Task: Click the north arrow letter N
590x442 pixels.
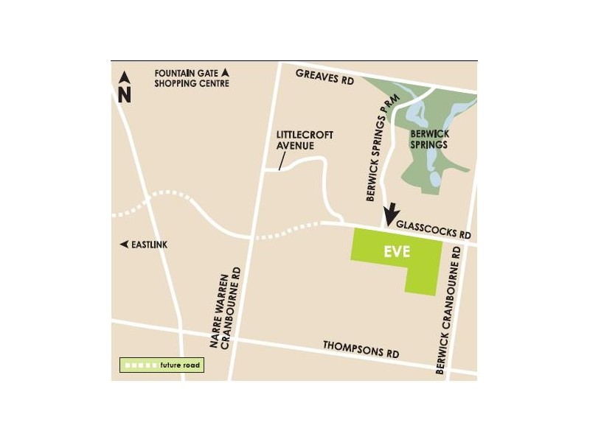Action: click(x=125, y=94)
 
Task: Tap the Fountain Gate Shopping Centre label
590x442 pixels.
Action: click(x=191, y=78)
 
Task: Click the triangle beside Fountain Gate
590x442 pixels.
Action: click(x=226, y=72)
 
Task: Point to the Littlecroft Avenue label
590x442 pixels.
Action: click(x=304, y=140)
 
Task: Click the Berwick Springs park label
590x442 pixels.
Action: click(x=429, y=139)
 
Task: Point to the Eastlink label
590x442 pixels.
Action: click(x=150, y=244)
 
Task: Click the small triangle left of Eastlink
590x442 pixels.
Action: click(x=124, y=244)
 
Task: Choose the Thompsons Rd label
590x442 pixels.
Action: click(x=361, y=350)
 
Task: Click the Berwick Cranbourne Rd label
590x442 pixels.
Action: click(x=451, y=309)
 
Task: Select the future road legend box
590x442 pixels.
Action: click(x=161, y=365)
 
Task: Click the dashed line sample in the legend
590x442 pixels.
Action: click(x=141, y=365)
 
